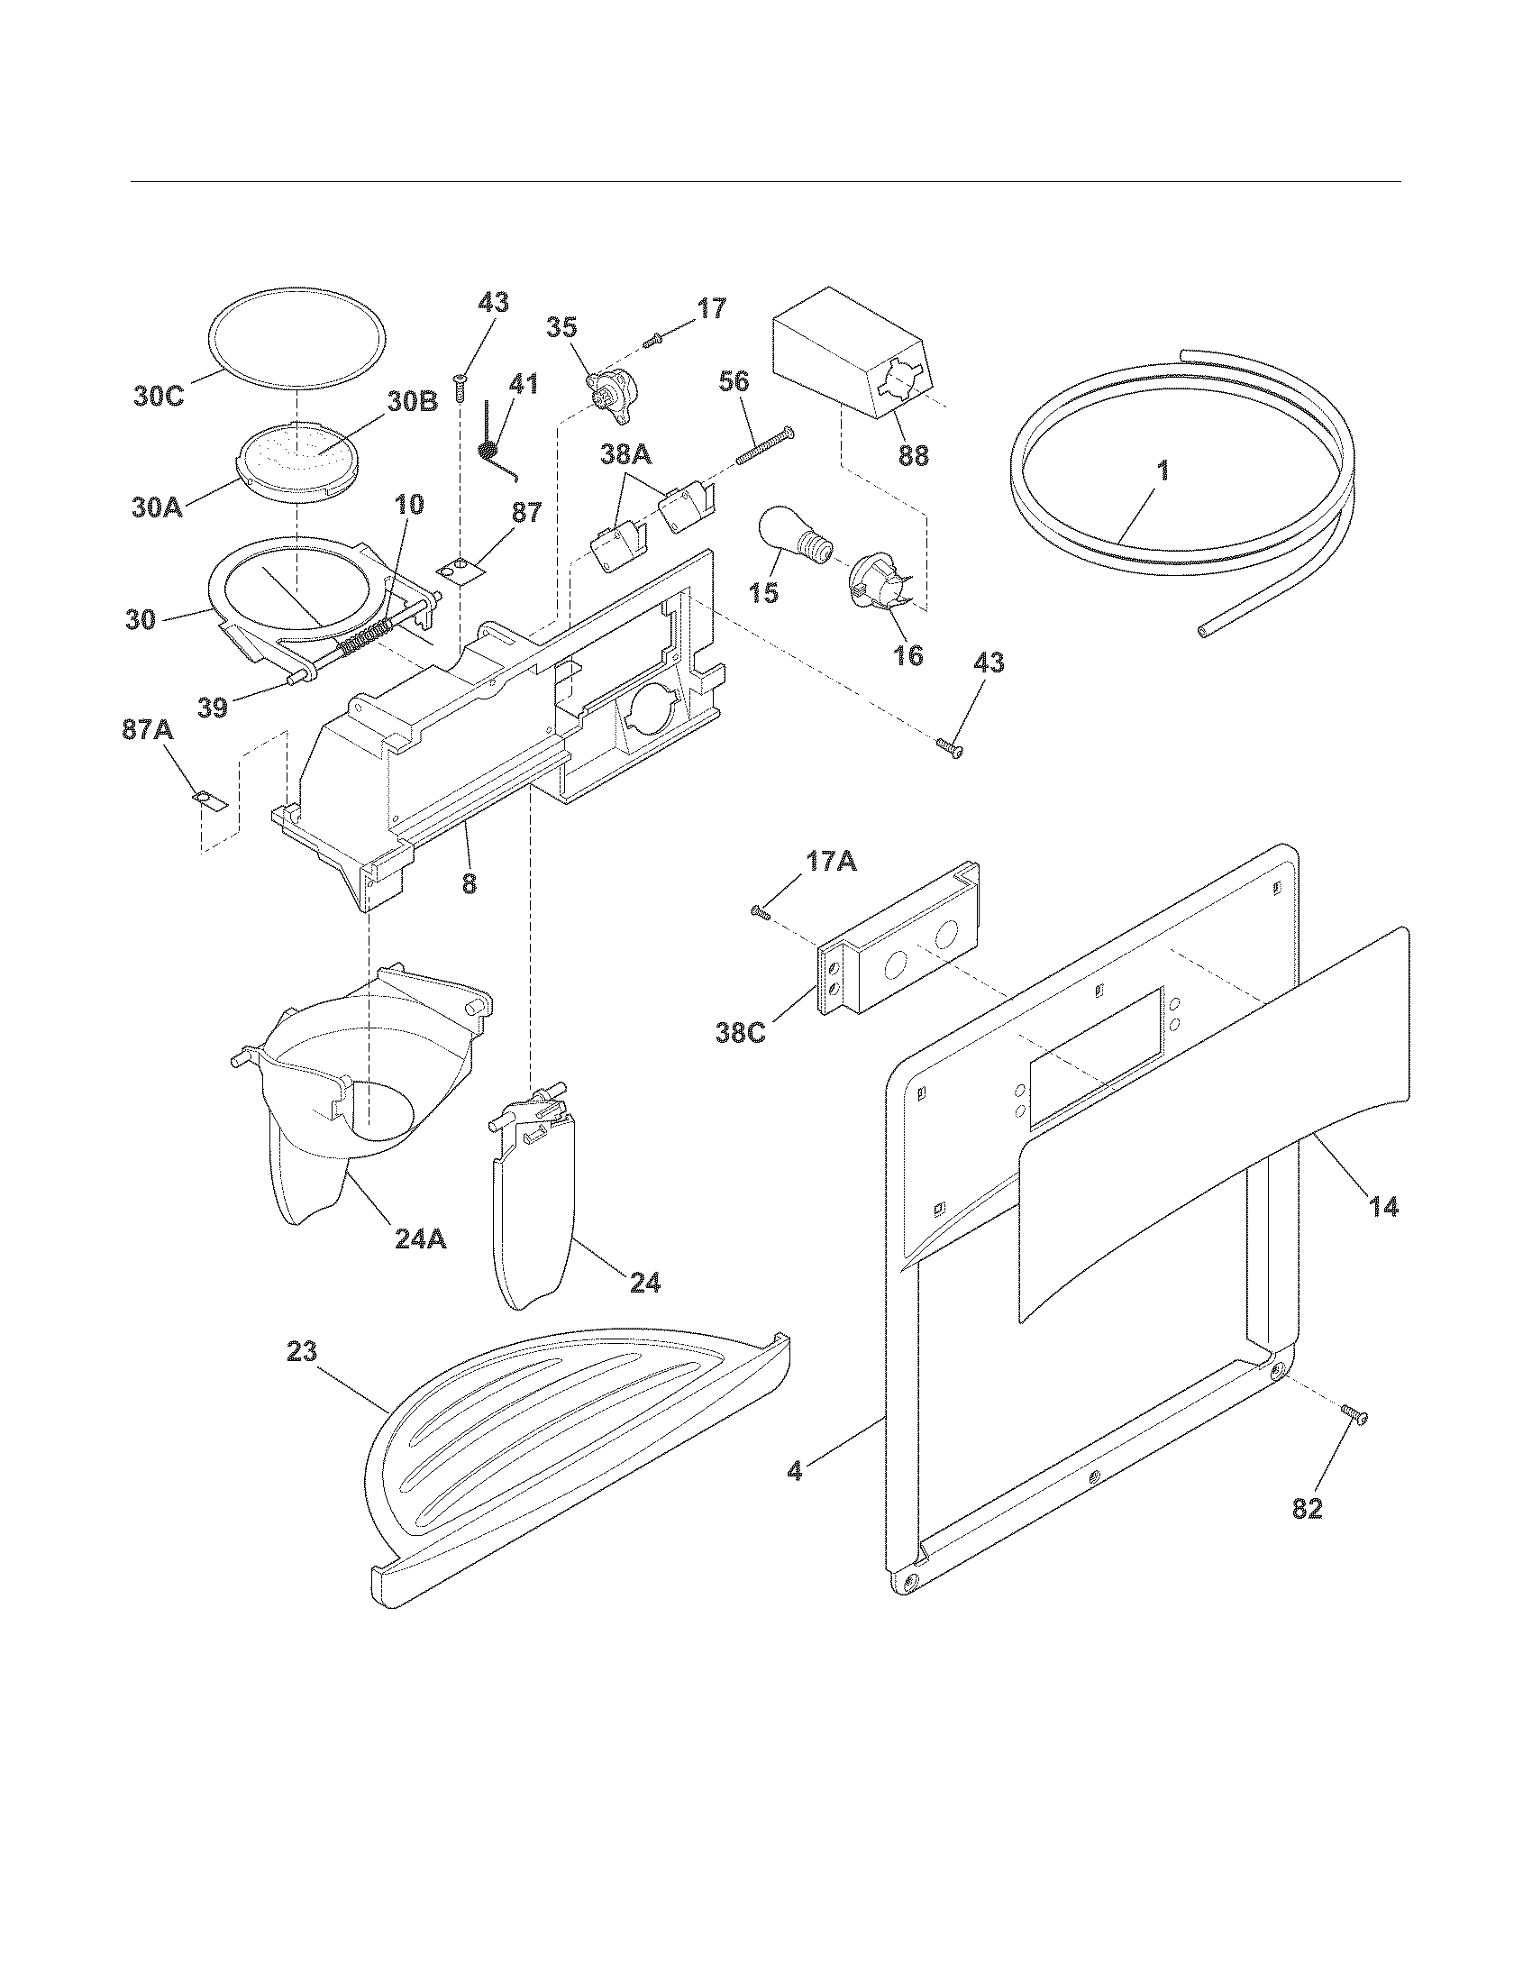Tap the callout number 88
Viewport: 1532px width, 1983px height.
[x=913, y=454]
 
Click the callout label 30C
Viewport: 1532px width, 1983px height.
[x=159, y=397]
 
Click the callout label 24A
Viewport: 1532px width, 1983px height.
[x=420, y=1238]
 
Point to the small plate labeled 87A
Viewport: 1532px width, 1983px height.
[x=210, y=800]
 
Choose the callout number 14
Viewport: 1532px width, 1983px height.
[x=1383, y=1207]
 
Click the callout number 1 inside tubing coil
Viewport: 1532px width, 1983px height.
[x=1163, y=471]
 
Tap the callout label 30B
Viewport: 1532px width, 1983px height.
[x=413, y=402]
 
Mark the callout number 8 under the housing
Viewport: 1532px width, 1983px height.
[x=469, y=882]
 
